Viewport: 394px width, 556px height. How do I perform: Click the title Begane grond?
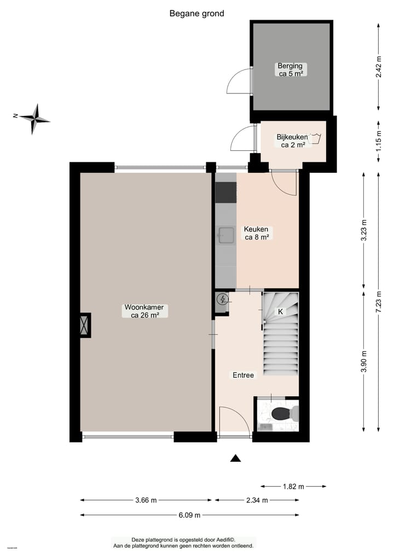[196, 14]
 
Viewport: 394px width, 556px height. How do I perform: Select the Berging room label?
[289, 69]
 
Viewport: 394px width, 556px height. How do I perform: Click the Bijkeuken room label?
[291, 141]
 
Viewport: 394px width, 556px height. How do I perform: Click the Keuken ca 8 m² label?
[256, 233]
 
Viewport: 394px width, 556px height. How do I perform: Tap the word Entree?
[243, 375]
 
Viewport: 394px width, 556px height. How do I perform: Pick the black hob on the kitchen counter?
[225, 192]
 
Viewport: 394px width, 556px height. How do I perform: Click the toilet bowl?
[279, 414]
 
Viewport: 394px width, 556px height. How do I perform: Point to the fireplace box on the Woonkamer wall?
[84, 325]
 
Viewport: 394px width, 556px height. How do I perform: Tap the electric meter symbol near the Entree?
[222, 299]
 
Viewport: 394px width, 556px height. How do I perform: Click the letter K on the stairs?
[280, 312]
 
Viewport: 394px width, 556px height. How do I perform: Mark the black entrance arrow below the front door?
[235, 458]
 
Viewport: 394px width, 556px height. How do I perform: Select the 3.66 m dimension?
[146, 500]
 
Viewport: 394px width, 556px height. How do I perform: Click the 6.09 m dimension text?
[189, 514]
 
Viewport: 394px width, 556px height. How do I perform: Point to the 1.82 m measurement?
[293, 485]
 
